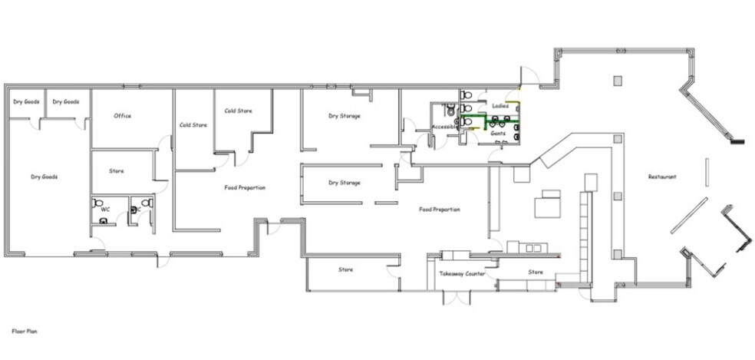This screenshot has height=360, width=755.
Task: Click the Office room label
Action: pyautogui.click(x=122, y=116)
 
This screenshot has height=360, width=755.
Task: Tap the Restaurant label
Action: pyautogui.click(x=662, y=177)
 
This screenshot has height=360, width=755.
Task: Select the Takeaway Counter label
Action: pyautogui.click(x=462, y=274)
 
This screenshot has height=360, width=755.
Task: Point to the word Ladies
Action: pyautogui.click(x=500, y=106)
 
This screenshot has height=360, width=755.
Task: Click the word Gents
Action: pyautogui.click(x=498, y=133)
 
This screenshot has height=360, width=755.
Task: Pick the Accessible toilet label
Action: pyautogui.click(x=443, y=127)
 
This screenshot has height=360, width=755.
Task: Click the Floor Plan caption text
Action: pyautogui.click(x=25, y=332)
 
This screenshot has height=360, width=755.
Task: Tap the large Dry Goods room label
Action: pyautogui.click(x=45, y=177)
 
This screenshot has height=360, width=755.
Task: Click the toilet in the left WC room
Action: pyautogui.click(x=97, y=203)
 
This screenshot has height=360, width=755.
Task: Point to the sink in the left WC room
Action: pyautogui.click(x=103, y=221)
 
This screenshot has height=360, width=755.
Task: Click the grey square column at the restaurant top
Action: pyautogui.click(x=618, y=81)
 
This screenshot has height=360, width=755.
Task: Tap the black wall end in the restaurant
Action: pyautogui.click(x=737, y=142)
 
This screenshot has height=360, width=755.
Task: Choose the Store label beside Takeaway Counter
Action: pyautogui.click(x=536, y=272)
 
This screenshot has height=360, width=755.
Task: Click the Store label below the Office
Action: pyautogui.click(x=117, y=171)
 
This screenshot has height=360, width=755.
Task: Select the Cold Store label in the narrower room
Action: pyautogui.click(x=193, y=125)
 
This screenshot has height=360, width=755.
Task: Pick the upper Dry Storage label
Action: pyautogui.click(x=345, y=116)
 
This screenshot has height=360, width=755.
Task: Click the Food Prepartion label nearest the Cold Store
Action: pyautogui.click(x=245, y=187)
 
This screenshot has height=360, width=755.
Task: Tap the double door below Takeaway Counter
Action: pyautogui.click(x=457, y=297)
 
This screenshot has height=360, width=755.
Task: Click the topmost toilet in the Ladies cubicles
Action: pyautogui.click(x=466, y=94)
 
